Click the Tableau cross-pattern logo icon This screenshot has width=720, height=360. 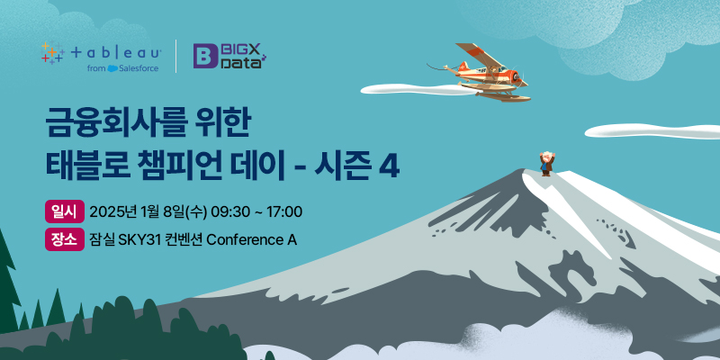52,53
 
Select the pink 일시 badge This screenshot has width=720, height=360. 64,211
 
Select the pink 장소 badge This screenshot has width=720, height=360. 64,239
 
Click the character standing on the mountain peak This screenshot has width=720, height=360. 546,164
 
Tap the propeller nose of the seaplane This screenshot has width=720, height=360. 520,78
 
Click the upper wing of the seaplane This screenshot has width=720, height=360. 474,55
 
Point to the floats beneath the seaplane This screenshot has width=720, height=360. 496,91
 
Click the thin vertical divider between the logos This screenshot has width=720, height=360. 175,56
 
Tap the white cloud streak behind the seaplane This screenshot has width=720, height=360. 416,90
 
